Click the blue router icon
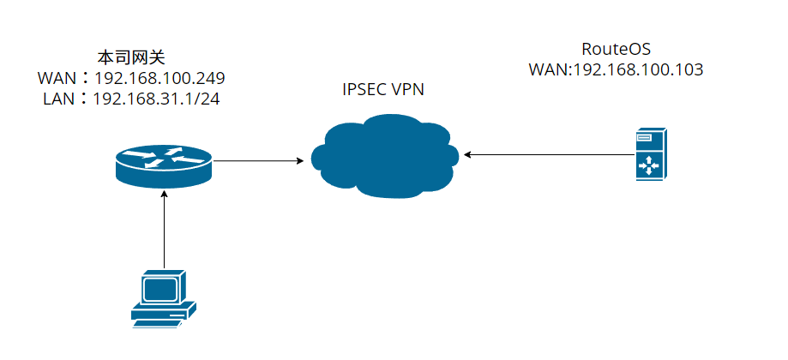[163, 163]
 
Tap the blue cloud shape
[382, 159]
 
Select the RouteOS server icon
[651, 154]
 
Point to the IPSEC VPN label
[382, 89]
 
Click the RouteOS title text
[616, 47]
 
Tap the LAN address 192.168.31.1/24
[159, 99]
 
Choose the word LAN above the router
[58, 99]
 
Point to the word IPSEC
[364, 89]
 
